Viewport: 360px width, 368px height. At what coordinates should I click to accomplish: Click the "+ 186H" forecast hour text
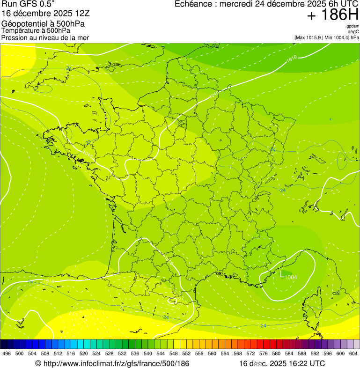click(332, 15)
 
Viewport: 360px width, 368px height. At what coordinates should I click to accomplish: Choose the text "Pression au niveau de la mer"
click(45, 37)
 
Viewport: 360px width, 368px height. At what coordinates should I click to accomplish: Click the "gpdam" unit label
click(353, 26)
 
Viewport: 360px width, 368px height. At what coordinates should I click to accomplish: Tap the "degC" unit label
click(353, 32)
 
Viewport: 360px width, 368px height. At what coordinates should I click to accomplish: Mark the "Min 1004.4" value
click(338, 37)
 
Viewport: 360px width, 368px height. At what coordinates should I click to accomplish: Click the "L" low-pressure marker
click(282, 276)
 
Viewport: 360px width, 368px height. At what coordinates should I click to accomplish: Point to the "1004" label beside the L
click(291, 278)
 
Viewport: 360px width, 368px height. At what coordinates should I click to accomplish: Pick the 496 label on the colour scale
click(7, 354)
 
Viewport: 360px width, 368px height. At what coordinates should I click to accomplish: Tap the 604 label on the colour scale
click(353, 354)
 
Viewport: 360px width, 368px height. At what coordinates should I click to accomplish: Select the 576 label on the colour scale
click(264, 354)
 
